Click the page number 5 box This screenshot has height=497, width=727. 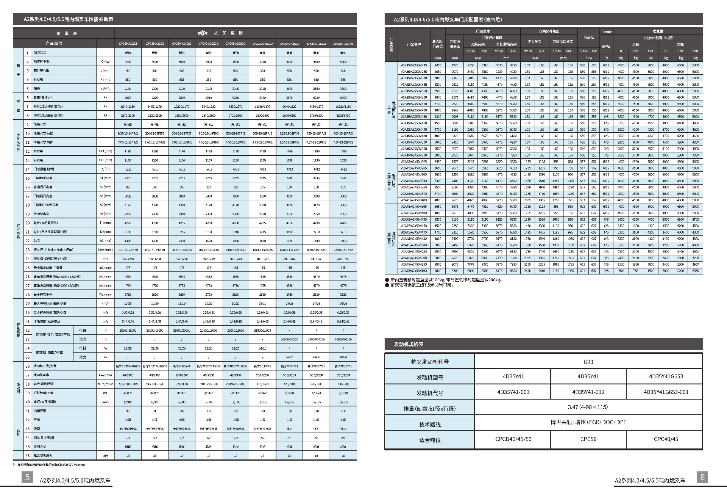click(27, 477)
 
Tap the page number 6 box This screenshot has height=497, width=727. click(702, 477)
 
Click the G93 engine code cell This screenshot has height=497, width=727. click(588, 362)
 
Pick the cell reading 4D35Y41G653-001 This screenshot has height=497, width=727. click(666, 392)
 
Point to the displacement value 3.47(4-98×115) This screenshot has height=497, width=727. click(588, 407)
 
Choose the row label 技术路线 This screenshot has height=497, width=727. click(430, 424)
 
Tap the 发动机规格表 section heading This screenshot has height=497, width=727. click(409, 344)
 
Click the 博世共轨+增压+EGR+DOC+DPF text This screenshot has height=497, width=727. click(588, 422)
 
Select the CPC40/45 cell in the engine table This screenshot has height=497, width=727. click(666, 439)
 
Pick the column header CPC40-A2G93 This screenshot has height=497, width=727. click(128, 44)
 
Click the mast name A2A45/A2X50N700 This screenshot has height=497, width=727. click(413, 271)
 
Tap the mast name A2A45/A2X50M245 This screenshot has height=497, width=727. click(413, 65)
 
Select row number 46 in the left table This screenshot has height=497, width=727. click(28, 455)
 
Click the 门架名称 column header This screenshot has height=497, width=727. click(413, 44)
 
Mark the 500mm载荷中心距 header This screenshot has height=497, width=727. click(658, 38)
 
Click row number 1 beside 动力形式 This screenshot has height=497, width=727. click(28, 53)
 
